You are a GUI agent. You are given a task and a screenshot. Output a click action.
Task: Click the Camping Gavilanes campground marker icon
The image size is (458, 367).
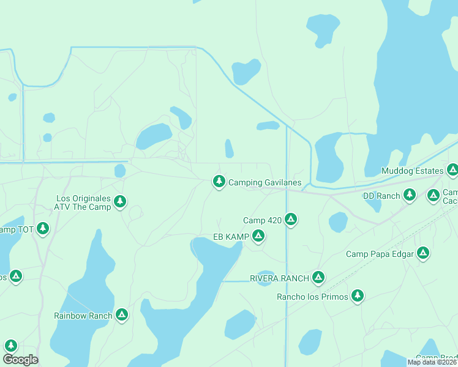click(219, 181)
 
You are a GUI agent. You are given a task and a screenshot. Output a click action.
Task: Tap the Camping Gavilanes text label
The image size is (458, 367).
click(265, 183)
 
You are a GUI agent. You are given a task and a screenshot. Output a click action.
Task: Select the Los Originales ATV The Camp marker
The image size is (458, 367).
click(120, 201)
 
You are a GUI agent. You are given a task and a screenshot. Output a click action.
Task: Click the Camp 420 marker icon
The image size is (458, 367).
click(291, 219)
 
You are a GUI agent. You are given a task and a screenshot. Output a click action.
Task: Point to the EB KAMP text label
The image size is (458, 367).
click(231, 237)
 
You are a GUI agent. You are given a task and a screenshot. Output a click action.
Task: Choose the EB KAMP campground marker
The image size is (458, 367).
click(258, 235)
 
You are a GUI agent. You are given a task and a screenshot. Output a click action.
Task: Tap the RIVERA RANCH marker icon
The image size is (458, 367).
click(318, 277)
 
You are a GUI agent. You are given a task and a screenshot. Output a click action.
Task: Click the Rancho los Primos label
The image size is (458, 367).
click(312, 297)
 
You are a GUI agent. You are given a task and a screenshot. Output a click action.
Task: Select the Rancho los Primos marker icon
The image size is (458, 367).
click(358, 296)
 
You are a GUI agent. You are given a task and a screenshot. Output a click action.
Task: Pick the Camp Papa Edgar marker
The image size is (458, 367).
click(422, 253)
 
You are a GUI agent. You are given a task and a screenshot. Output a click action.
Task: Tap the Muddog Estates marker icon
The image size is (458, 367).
click(452, 169)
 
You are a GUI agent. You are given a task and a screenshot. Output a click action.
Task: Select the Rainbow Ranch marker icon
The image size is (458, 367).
click(122, 314)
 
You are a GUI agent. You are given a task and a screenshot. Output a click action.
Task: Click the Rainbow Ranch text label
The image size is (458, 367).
click(83, 316)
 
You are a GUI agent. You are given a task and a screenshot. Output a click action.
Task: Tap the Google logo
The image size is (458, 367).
click(20, 360)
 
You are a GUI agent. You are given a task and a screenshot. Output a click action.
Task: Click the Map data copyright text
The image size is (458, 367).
click(432, 362)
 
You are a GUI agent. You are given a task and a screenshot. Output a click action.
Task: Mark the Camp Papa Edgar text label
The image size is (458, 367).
click(380, 254)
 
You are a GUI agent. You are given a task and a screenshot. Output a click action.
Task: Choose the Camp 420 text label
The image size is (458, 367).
click(262, 220)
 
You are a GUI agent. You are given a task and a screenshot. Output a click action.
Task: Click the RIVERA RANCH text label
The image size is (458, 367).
click(279, 278)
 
